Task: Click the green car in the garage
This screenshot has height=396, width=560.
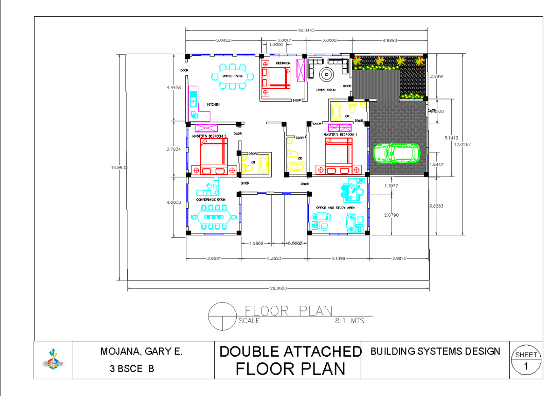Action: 396,153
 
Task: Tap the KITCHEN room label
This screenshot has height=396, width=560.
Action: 213,105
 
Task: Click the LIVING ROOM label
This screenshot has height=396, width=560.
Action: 326,90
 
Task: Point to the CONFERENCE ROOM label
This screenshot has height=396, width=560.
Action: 211,199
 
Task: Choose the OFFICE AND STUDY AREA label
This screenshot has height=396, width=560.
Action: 336,207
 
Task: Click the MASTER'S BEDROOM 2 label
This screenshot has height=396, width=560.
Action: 210,136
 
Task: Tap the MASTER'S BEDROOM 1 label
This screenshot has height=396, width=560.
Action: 340,134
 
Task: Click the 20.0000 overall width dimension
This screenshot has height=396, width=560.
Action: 278,288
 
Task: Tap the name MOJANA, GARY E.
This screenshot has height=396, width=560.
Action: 141,352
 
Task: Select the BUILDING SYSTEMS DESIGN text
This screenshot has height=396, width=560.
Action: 435,351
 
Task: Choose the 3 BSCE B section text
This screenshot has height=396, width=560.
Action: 132,368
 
